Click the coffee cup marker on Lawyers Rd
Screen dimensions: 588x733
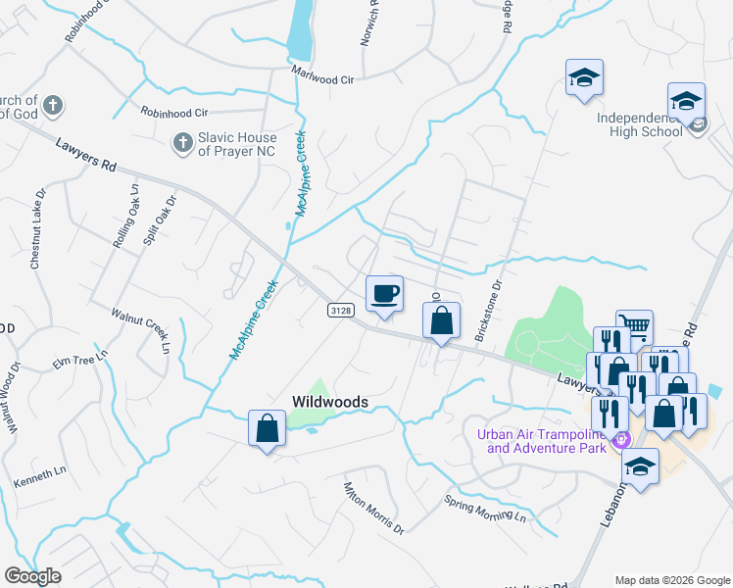point(384,293)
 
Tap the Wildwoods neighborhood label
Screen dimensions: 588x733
point(330,402)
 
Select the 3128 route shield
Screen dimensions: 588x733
point(340,310)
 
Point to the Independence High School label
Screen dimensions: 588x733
point(640,125)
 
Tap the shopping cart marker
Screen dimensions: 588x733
point(634,327)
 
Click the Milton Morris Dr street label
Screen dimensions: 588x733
point(372,509)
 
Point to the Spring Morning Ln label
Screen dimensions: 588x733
point(485,510)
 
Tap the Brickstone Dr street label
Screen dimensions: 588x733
point(488,311)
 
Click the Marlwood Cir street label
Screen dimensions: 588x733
point(320,73)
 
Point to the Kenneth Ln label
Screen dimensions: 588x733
point(40,477)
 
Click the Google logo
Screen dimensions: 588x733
point(32,576)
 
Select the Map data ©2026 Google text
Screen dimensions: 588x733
point(671,580)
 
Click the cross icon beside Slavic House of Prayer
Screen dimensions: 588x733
point(181,144)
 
